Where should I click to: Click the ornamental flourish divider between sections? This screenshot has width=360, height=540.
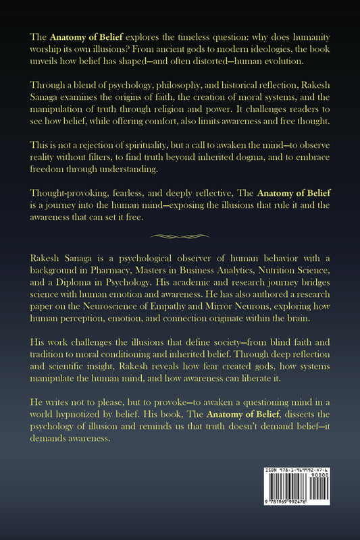tap(180, 236)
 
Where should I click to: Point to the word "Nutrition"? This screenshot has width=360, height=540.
tap(274, 271)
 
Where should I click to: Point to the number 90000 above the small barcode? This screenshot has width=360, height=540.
tap(331, 477)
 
